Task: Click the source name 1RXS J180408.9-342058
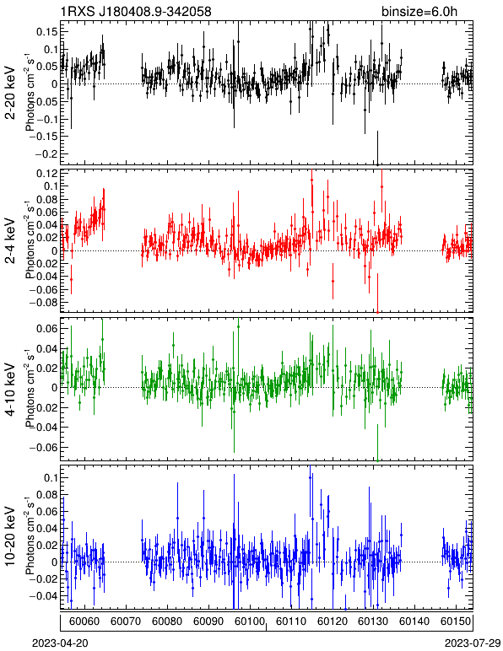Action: coord(136,11)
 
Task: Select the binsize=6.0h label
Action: coord(419,11)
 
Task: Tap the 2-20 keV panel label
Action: coord(10,93)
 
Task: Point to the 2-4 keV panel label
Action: coord(10,241)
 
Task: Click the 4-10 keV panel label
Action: coord(10,390)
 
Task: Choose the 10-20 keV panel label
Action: coord(10,536)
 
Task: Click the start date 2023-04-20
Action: coord(60,643)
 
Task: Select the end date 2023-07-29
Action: coord(473,643)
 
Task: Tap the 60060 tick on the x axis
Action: coord(84,621)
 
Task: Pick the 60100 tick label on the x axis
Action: coord(250,621)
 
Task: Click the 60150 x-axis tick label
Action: coord(456,621)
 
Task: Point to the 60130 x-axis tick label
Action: coord(373,621)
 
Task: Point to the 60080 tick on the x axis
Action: coord(167,621)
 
